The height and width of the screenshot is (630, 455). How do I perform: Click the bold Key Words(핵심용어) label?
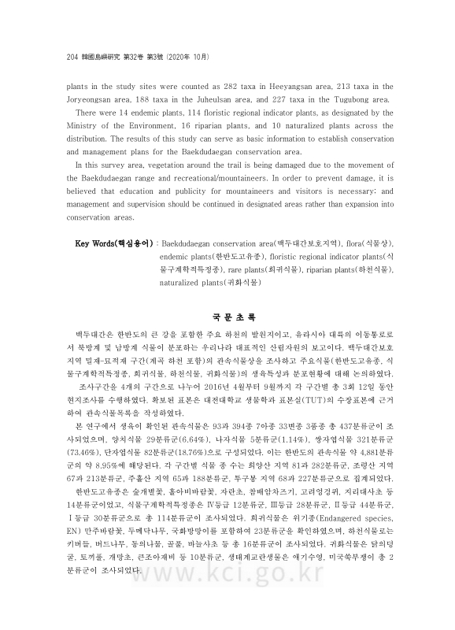(x=113, y=244)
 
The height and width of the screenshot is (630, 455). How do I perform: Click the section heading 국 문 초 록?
(x=227, y=319)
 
